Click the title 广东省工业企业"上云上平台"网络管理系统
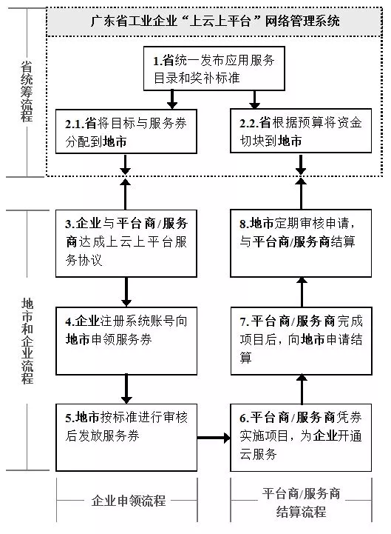click(x=215, y=21)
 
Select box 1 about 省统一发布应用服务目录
click(x=214, y=68)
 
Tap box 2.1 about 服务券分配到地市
click(x=126, y=131)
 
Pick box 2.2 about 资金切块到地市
click(x=301, y=131)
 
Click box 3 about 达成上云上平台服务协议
click(x=126, y=243)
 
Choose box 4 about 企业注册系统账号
click(x=126, y=341)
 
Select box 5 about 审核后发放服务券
click(x=126, y=438)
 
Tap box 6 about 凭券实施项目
click(x=301, y=438)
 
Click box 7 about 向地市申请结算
click(x=301, y=341)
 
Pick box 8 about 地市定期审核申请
click(x=301, y=243)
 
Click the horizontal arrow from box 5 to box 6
click(x=214, y=438)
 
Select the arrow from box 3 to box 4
click(x=126, y=292)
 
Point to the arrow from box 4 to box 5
click(x=126, y=390)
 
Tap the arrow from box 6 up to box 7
click(x=302, y=390)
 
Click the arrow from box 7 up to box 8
click(x=302, y=292)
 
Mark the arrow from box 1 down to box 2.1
click(x=172, y=100)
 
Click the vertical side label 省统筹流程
click(x=27, y=92)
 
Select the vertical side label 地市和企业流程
click(x=27, y=341)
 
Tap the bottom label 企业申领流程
click(x=128, y=501)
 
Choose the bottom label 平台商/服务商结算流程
click(x=302, y=502)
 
